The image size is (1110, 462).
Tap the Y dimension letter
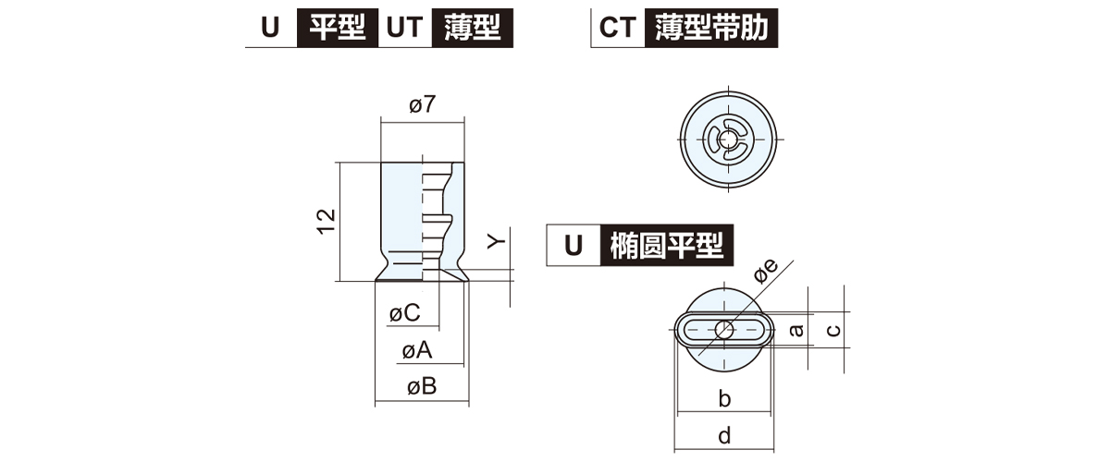pos(498,241)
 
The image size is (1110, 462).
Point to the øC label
pos(405,313)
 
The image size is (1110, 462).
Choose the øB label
pos(421,387)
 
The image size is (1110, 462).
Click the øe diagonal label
pos(767,270)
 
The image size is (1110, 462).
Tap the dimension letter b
pos(724,398)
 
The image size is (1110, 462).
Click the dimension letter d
pos(724,433)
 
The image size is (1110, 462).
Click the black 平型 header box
pos(337,27)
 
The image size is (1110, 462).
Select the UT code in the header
pos(401,27)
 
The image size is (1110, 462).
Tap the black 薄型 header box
pos(471,27)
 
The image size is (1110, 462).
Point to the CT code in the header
pos(617,27)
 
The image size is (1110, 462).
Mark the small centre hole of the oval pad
pos(724,329)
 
